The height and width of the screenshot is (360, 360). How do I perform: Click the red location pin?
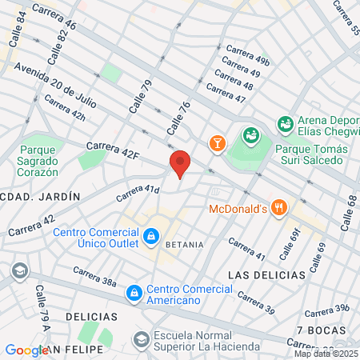[x=180, y=163]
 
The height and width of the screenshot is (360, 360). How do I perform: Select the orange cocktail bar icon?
[x=216, y=143]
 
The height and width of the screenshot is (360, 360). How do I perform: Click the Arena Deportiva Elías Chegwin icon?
[x=285, y=123]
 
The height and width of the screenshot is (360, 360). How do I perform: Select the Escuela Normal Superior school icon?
[x=142, y=340]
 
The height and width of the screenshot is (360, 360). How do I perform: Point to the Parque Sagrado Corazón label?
[x=38, y=160]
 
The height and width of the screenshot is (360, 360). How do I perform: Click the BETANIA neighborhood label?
[x=184, y=244]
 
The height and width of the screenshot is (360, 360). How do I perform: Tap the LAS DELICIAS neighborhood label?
[x=266, y=274]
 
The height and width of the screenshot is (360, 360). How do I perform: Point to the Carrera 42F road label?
[x=112, y=150]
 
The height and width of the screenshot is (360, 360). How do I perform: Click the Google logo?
[x=26, y=350]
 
